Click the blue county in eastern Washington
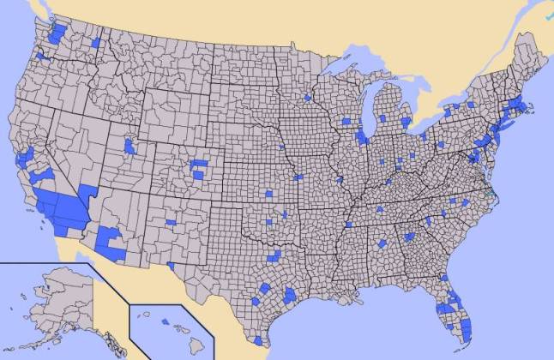[x=95, y=42]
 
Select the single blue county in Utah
[x=129, y=147]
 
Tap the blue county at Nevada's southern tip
[x=87, y=190]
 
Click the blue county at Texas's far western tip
[x=172, y=266]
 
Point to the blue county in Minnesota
[x=307, y=98]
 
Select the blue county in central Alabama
[x=382, y=244]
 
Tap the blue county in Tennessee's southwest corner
[x=350, y=225]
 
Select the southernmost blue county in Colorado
[x=200, y=175]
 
